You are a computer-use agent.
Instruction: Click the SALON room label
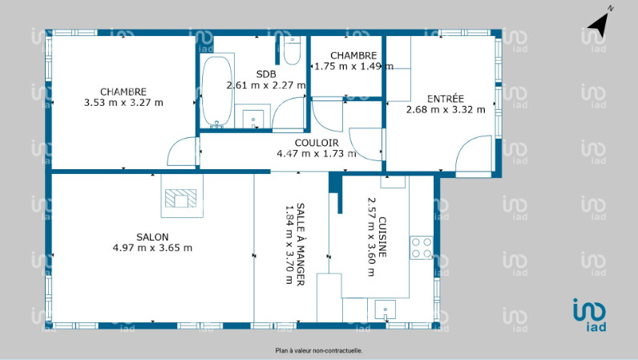point(152,237)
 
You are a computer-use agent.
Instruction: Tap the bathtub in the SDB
point(217,91)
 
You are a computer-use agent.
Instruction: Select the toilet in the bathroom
point(292,51)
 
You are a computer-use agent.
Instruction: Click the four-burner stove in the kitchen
point(421,248)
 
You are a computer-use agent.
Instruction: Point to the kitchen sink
point(385,310)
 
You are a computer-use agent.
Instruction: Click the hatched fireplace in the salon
point(181,198)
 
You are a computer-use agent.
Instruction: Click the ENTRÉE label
point(446,99)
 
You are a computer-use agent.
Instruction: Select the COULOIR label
point(317,143)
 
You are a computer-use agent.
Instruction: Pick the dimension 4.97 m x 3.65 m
point(152,248)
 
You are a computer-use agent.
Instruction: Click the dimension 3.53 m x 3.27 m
point(123,103)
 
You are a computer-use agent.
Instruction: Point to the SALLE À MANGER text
point(301,245)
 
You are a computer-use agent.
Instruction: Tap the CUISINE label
point(382,237)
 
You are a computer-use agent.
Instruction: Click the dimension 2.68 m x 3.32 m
point(446,110)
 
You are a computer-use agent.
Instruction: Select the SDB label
point(266,74)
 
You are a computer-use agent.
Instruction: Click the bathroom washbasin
point(252,119)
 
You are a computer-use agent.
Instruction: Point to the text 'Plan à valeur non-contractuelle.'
point(318,350)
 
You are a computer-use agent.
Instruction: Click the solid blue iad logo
point(590,315)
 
